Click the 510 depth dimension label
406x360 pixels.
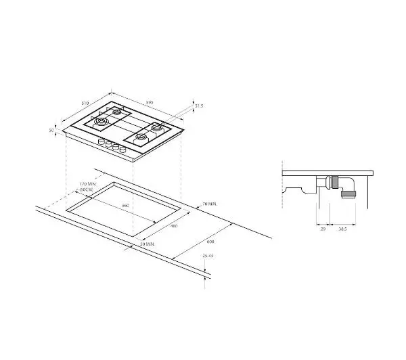tap(85, 103)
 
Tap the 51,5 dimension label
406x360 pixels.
tap(199, 106)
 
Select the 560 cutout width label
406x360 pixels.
tap(125, 204)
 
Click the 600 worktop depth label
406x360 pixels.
tap(210, 241)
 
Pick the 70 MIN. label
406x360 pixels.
tap(210, 203)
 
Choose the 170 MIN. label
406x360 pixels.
tap(88, 184)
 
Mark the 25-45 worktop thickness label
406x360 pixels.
tap(207, 256)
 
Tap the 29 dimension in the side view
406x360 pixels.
tap(322, 230)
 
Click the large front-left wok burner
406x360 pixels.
tap(101, 122)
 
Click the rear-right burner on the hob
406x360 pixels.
tap(157, 127)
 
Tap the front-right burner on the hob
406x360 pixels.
tap(142, 138)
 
